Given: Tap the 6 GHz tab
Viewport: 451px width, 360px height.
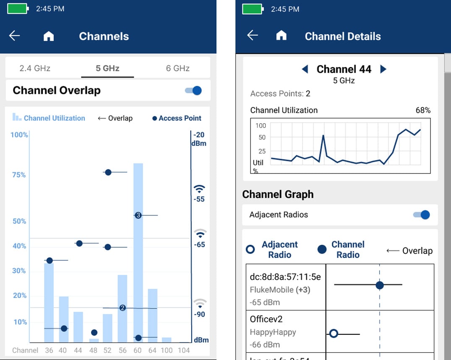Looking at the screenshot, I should (x=177, y=68).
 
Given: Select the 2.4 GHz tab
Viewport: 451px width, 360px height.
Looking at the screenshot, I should (x=35, y=68).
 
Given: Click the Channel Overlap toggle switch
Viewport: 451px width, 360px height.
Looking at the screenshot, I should (x=193, y=91).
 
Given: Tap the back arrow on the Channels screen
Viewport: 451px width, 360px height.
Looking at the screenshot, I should (x=15, y=36).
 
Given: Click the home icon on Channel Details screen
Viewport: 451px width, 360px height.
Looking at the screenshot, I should (x=281, y=36).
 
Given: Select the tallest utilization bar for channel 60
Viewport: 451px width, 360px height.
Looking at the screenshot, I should (x=138, y=251).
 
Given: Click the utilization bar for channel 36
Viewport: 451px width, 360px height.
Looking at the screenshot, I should (x=49, y=302).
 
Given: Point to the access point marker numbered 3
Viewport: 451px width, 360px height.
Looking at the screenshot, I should (x=138, y=215).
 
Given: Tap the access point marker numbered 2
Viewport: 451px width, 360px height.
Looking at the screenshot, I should (x=123, y=308).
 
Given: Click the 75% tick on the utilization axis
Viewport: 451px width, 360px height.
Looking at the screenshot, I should (x=19, y=175).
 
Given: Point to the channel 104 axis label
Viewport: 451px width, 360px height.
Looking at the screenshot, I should (x=183, y=350).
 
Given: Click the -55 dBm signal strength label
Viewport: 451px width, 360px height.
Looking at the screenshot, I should (x=199, y=199).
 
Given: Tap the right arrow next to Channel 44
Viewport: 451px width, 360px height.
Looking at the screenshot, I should (x=383, y=69).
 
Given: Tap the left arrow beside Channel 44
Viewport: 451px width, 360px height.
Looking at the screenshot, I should (x=305, y=69).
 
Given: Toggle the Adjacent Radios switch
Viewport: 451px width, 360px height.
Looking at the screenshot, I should (x=422, y=215).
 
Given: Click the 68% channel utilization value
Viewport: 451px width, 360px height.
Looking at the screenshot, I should (x=423, y=110).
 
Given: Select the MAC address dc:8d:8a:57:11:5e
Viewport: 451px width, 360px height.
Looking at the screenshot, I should (x=285, y=277).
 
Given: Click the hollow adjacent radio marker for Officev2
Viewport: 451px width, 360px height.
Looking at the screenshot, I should (x=334, y=334).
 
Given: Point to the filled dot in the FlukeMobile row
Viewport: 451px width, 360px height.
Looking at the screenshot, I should (x=380, y=285).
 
